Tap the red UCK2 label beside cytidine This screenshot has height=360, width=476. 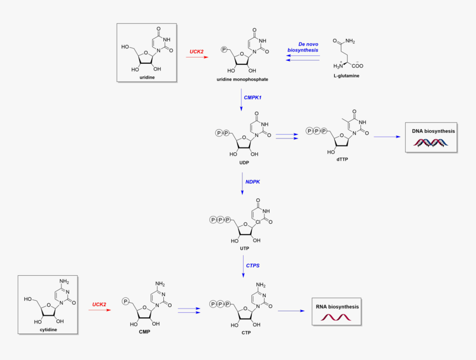pos(99,304)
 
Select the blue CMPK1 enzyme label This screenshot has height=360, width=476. pos(253,97)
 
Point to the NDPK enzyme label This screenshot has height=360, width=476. pos(253,181)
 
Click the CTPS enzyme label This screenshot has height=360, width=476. pos(253,266)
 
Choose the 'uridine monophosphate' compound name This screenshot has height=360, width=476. pos(242,80)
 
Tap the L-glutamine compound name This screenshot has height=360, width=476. pos(346,75)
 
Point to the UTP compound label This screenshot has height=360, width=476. pos(244,249)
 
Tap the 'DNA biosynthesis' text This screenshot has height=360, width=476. pos(433,131)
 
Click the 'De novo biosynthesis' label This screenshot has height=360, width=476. pos(303,47)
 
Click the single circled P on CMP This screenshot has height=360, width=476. pos(126,301)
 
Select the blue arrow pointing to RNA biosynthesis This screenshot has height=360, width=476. pos(291,311)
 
